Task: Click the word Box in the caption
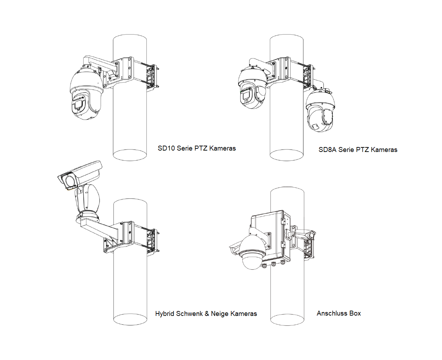355,313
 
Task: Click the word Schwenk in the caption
189,313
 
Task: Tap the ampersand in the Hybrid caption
207,313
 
